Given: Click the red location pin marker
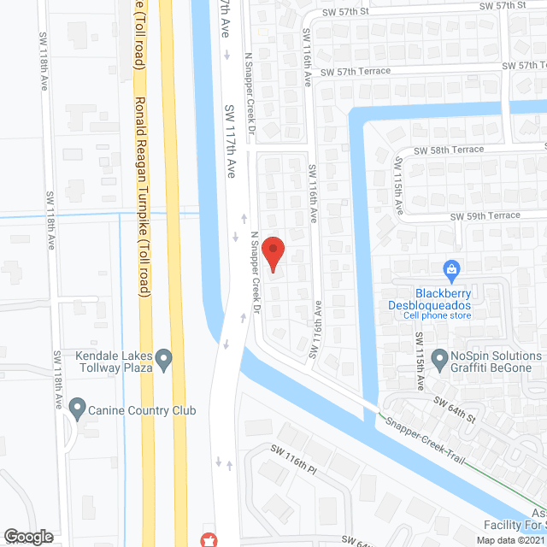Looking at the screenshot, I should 273,254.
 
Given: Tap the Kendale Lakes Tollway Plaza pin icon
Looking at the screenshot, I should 165,357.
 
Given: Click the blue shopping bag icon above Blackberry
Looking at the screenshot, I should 450,271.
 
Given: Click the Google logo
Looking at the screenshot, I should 28,536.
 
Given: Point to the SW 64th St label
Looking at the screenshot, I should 453,408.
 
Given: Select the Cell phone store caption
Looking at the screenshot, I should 438,315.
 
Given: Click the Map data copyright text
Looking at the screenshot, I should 508,540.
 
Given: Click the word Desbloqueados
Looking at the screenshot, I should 438,304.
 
